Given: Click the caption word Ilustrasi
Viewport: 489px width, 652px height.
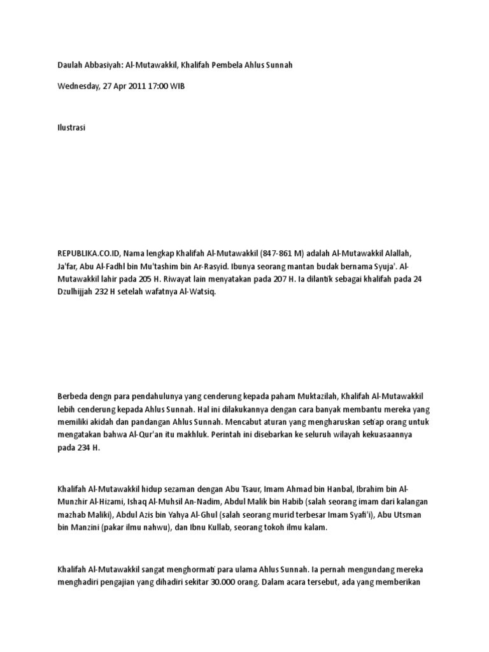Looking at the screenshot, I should [x=71, y=128].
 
